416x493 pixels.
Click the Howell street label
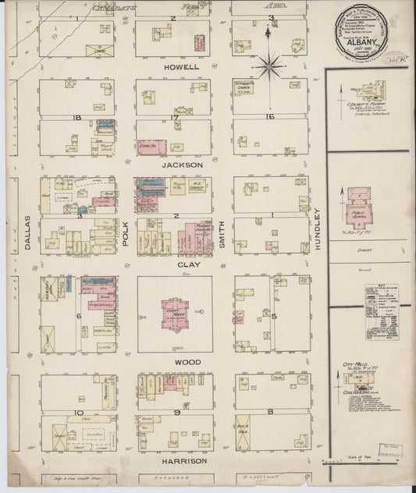(181, 67)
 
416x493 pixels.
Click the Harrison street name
(185, 460)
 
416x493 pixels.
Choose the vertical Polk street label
(125, 233)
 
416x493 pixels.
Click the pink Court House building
(175, 312)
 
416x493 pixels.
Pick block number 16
(269, 117)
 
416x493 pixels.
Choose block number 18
(77, 117)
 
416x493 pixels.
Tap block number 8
(269, 410)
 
